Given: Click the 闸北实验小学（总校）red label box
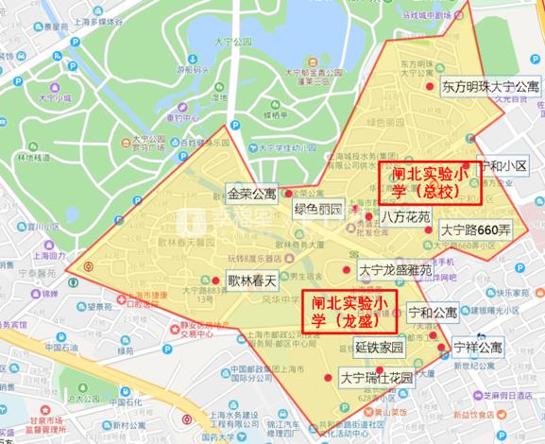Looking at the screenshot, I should click(x=430, y=182).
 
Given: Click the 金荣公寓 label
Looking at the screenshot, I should click(x=251, y=194).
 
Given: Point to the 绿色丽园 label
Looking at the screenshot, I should click(x=317, y=209).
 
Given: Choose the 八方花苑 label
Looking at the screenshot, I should click(x=405, y=216).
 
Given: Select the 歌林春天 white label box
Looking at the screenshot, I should click(x=251, y=280).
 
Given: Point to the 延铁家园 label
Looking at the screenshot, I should click(x=379, y=347).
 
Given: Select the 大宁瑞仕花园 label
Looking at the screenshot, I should click(x=376, y=378).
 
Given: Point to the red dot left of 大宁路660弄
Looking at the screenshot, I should click(x=429, y=230).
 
